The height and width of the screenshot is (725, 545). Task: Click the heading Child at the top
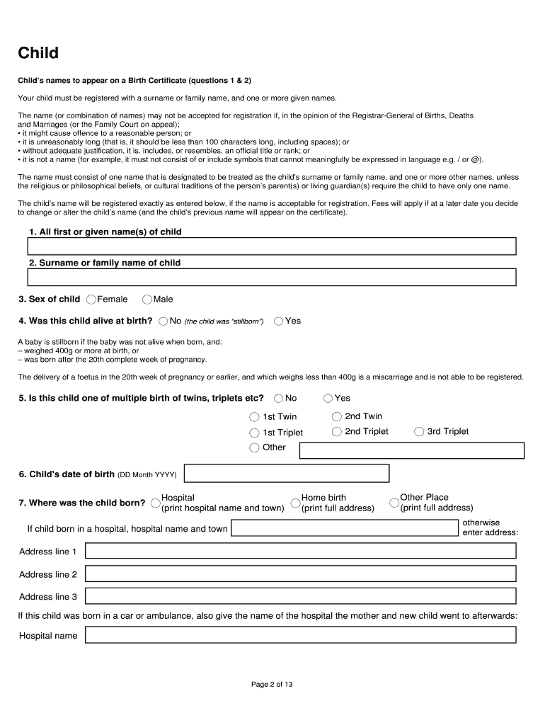coord(38,53)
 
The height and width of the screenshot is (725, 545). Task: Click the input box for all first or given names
coord(271,246)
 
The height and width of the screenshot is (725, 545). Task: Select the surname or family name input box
coord(271,278)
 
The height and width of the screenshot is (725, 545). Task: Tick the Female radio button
coord(91,299)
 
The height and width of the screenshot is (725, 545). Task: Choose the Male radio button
coord(147,299)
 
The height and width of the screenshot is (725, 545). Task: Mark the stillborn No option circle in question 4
coord(163,321)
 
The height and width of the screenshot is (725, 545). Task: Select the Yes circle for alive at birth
coord(279,321)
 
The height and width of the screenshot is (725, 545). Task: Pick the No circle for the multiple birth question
coord(279,399)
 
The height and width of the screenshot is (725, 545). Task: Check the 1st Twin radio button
coord(254,417)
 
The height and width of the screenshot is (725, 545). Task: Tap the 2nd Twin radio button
coord(337,417)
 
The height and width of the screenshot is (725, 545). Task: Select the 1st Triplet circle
coord(254,433)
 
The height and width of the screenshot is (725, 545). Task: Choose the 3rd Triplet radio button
coord(419,432)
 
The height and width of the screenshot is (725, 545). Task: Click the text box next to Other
coord(411,450)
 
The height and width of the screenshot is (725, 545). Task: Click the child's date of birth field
coord(286,474)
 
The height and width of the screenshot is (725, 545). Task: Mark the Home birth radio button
coord(296,503)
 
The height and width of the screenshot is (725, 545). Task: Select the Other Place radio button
coord(394,503)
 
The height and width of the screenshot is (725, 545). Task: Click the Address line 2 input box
coord(301,575)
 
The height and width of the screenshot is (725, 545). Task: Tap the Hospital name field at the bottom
coord(301,635)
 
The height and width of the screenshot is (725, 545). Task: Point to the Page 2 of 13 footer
coord(272,685)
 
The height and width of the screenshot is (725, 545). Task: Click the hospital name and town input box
coord(345,528)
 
